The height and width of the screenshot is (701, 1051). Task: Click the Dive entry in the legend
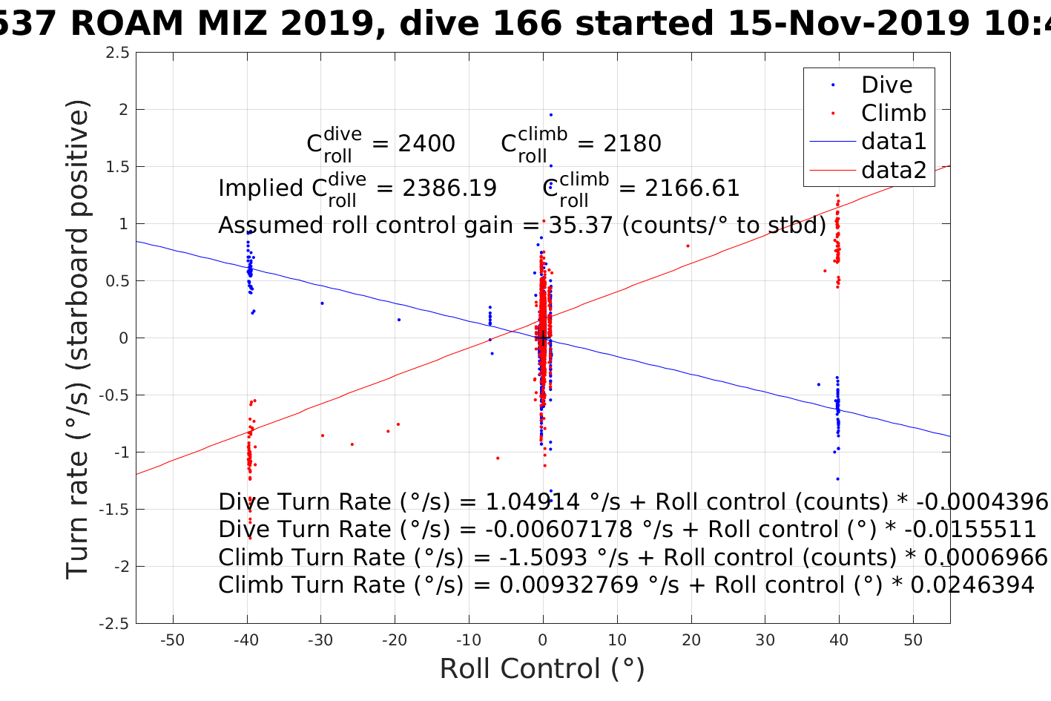tap(886, 85)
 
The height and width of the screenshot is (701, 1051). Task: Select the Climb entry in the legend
tap(893, 113)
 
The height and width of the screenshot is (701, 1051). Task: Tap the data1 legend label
tap(894, 141)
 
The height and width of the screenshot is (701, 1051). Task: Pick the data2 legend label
tap(894, 170)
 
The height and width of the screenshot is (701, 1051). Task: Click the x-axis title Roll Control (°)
tap(542, 669)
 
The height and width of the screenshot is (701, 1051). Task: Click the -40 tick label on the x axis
tap(246, 640)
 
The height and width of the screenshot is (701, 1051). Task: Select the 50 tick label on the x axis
tap(913, 640)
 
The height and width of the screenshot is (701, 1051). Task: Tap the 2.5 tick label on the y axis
tap(117, 53)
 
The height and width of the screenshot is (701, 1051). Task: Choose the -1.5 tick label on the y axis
tap(114, 510)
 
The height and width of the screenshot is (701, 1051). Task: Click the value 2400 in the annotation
tap(426, 143)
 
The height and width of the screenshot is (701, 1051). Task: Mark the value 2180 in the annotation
tap(632, 143)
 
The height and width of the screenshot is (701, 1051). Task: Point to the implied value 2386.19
tap(449, 188)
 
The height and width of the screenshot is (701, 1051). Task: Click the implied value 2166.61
tap(692, 188)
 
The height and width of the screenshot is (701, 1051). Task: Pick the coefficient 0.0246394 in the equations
tap(972, 585)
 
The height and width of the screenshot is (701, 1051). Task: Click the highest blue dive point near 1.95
tap(551, 115)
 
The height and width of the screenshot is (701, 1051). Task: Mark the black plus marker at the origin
tap(543, 338)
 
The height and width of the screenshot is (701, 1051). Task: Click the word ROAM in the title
tap(128, 24)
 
